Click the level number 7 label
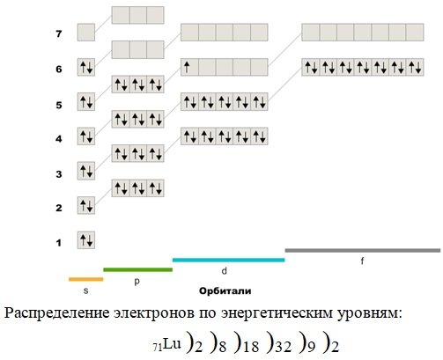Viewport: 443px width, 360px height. click(x=59, y=33)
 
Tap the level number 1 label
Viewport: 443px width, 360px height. click(x=59, y=243)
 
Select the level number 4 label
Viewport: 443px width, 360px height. click(x=59, y=138)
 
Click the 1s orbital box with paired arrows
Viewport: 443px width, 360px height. click(x=86, y=240)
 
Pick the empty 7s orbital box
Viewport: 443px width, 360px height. click(x=86, y=33)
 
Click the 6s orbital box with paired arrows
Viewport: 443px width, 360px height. click(x=86, y=67)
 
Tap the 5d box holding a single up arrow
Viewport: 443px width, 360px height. click(x=189, y=67)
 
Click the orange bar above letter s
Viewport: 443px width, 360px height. click(x=86, y=279)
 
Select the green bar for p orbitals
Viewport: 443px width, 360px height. click(x=138, y=269)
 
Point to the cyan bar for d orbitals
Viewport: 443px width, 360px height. click(x=229, y=260)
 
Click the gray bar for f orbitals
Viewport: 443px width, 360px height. click(x=363, y=250)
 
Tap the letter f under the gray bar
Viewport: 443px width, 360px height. click(x=362, y=261)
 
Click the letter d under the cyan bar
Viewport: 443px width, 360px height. click(x=225, y=271)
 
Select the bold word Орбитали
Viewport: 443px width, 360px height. click(x=225, y=291)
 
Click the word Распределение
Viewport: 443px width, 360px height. click(x=56, y=313)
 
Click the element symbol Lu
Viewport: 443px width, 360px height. click(x=173, y=343)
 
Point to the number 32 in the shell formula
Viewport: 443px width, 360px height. click(x=284, y=347)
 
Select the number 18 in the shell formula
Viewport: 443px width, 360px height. click(x=251, y=347)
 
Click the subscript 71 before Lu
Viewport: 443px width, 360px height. click(x=158, y=348)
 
